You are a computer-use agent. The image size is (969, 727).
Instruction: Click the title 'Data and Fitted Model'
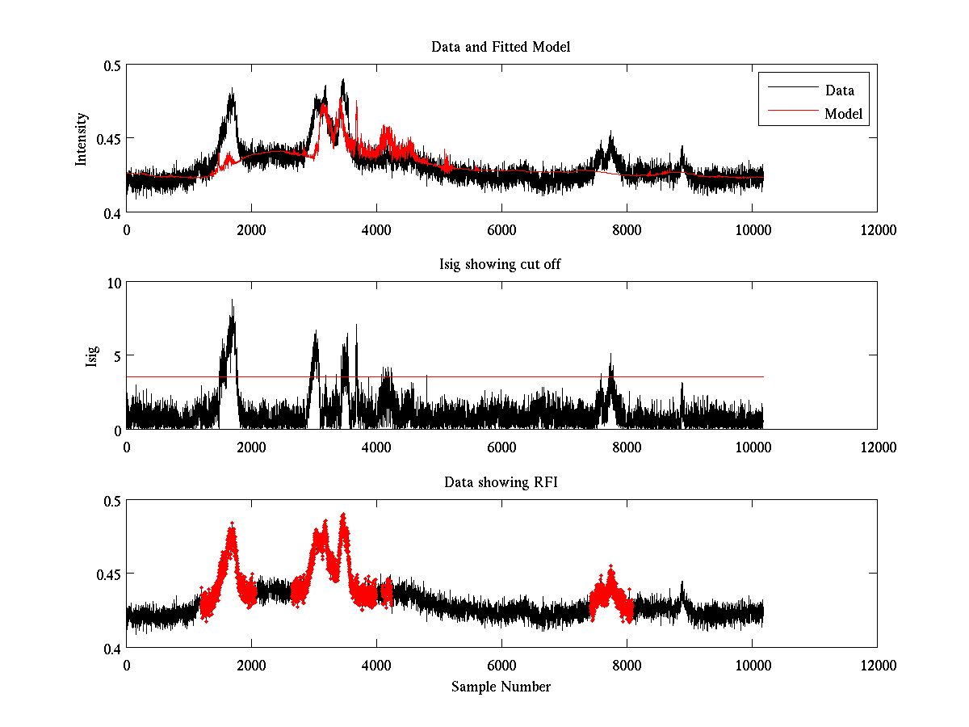pyautogui.click(x=501, y=47)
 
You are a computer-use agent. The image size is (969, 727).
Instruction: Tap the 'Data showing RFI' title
pyautogui.click(x=501, y=482)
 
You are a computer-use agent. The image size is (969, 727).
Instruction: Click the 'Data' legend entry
pyautogui.click(x=839, y=90)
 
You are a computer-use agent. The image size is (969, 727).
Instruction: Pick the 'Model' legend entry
pyautogui.click(x=843, y=114)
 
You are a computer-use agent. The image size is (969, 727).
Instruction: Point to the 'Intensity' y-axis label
pyautogui.click(x=81, y=139)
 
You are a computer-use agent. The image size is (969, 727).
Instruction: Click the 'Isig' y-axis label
pyautogui.click(x=92, y=356)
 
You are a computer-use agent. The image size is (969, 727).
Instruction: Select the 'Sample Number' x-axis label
pyautogui.click(x=501, y=687)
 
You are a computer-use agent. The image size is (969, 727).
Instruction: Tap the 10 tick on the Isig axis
pyautogui.click(x=114, y=283)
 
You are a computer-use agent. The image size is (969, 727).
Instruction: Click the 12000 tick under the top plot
pyautogui.click(x=877, y=229)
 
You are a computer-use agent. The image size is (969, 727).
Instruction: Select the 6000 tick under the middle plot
pyautogui.click(x=501, y=447)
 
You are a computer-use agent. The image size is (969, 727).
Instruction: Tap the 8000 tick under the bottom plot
pyautogui.click(x=627, y=665)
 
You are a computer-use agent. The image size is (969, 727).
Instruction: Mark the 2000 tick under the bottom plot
pyautogui.click(x=251, y=665)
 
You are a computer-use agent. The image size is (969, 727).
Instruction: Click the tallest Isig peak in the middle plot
pyautogui.click(x=233, y=300)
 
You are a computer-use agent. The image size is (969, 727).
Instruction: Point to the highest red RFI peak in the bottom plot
pyautogui.click(x=343, y=515)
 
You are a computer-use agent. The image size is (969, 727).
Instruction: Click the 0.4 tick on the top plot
pyautogui.click(x=111, y=212)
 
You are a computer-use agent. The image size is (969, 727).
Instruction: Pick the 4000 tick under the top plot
pyautogui.click(x=376, y=229)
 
